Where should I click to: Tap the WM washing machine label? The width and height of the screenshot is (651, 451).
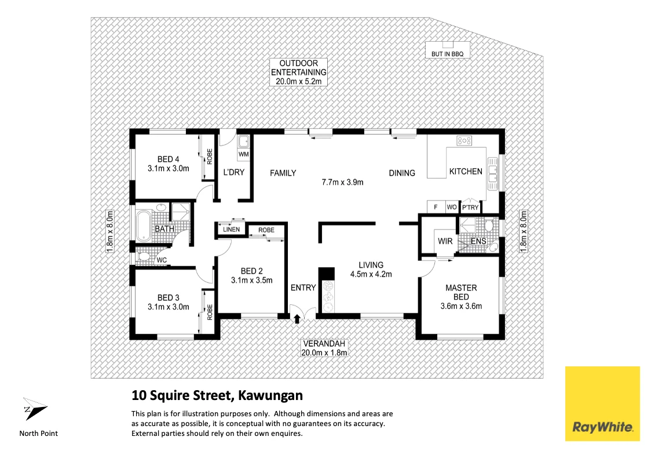[x=243, y=155]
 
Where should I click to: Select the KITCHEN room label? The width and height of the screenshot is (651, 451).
[x=466, y=172]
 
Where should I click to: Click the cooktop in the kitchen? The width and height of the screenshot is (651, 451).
[x=465, y=140]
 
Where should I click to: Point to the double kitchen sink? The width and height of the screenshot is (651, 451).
[x=493, y=171]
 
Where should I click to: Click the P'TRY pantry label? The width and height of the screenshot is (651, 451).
[x=470, y=208]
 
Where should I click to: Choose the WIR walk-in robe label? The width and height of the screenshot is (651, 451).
[x=445, y=241]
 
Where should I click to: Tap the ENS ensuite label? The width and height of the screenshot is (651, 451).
[x=478, y=241]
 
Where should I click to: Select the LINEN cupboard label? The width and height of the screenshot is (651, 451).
[x=232, y=230]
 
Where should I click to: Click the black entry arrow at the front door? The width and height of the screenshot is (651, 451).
[x=298, y=318]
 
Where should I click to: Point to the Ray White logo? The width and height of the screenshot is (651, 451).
[x=602, y=404]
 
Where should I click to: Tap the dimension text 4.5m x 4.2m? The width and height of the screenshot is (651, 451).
[x=371, y=274]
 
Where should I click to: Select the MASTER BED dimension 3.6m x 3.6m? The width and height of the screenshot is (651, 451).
[x=461, y=306]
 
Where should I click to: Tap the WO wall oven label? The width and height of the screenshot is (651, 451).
[x=451, y=208]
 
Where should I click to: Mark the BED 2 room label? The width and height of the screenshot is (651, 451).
[x=252, y=271]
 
